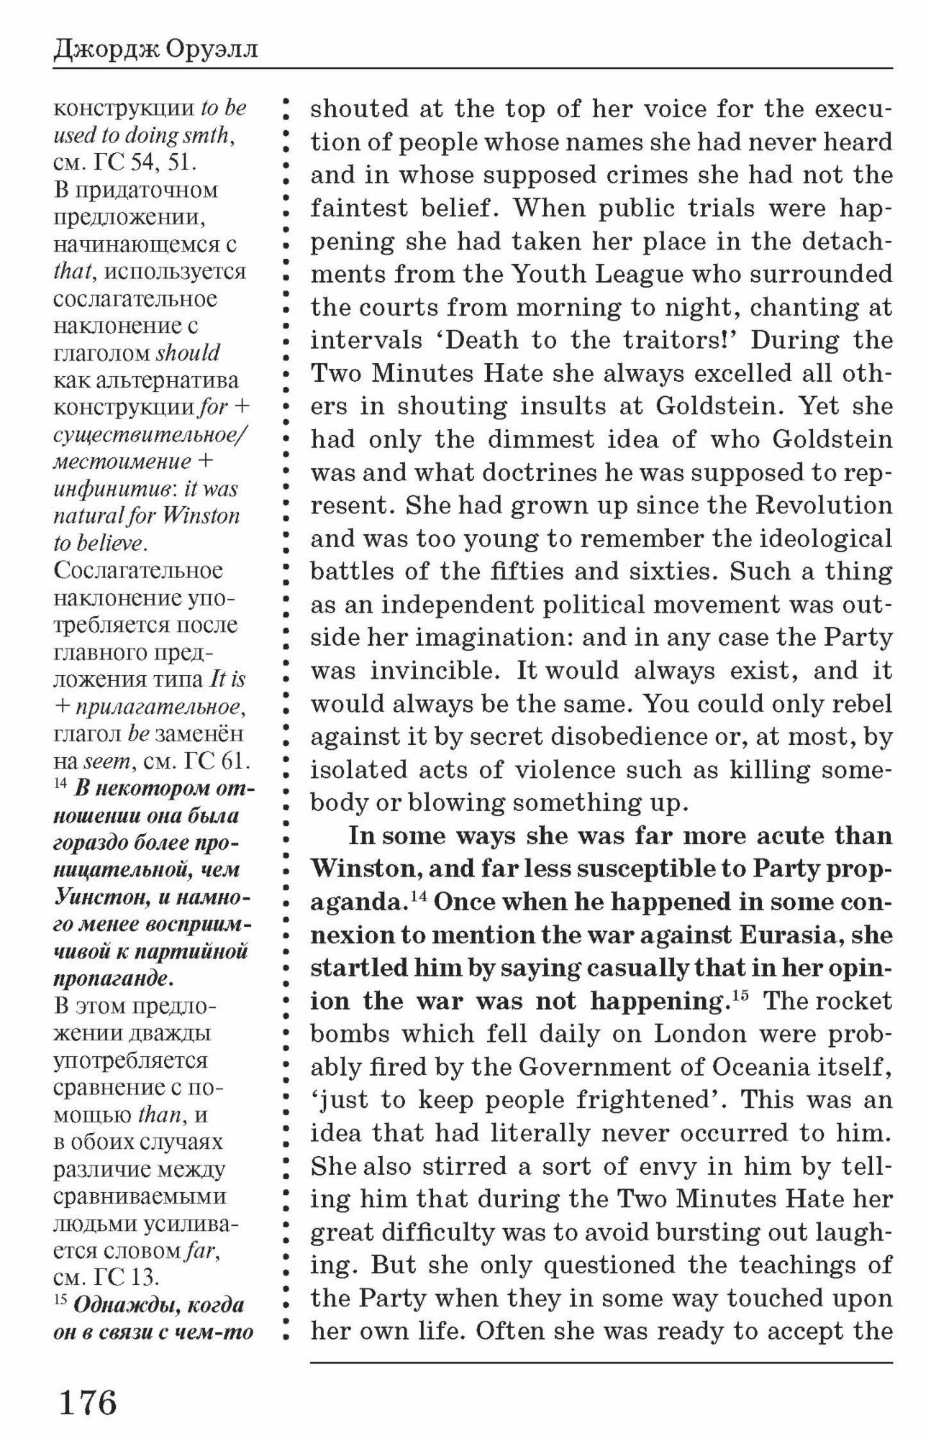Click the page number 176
87,1401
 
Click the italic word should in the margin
188,353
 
